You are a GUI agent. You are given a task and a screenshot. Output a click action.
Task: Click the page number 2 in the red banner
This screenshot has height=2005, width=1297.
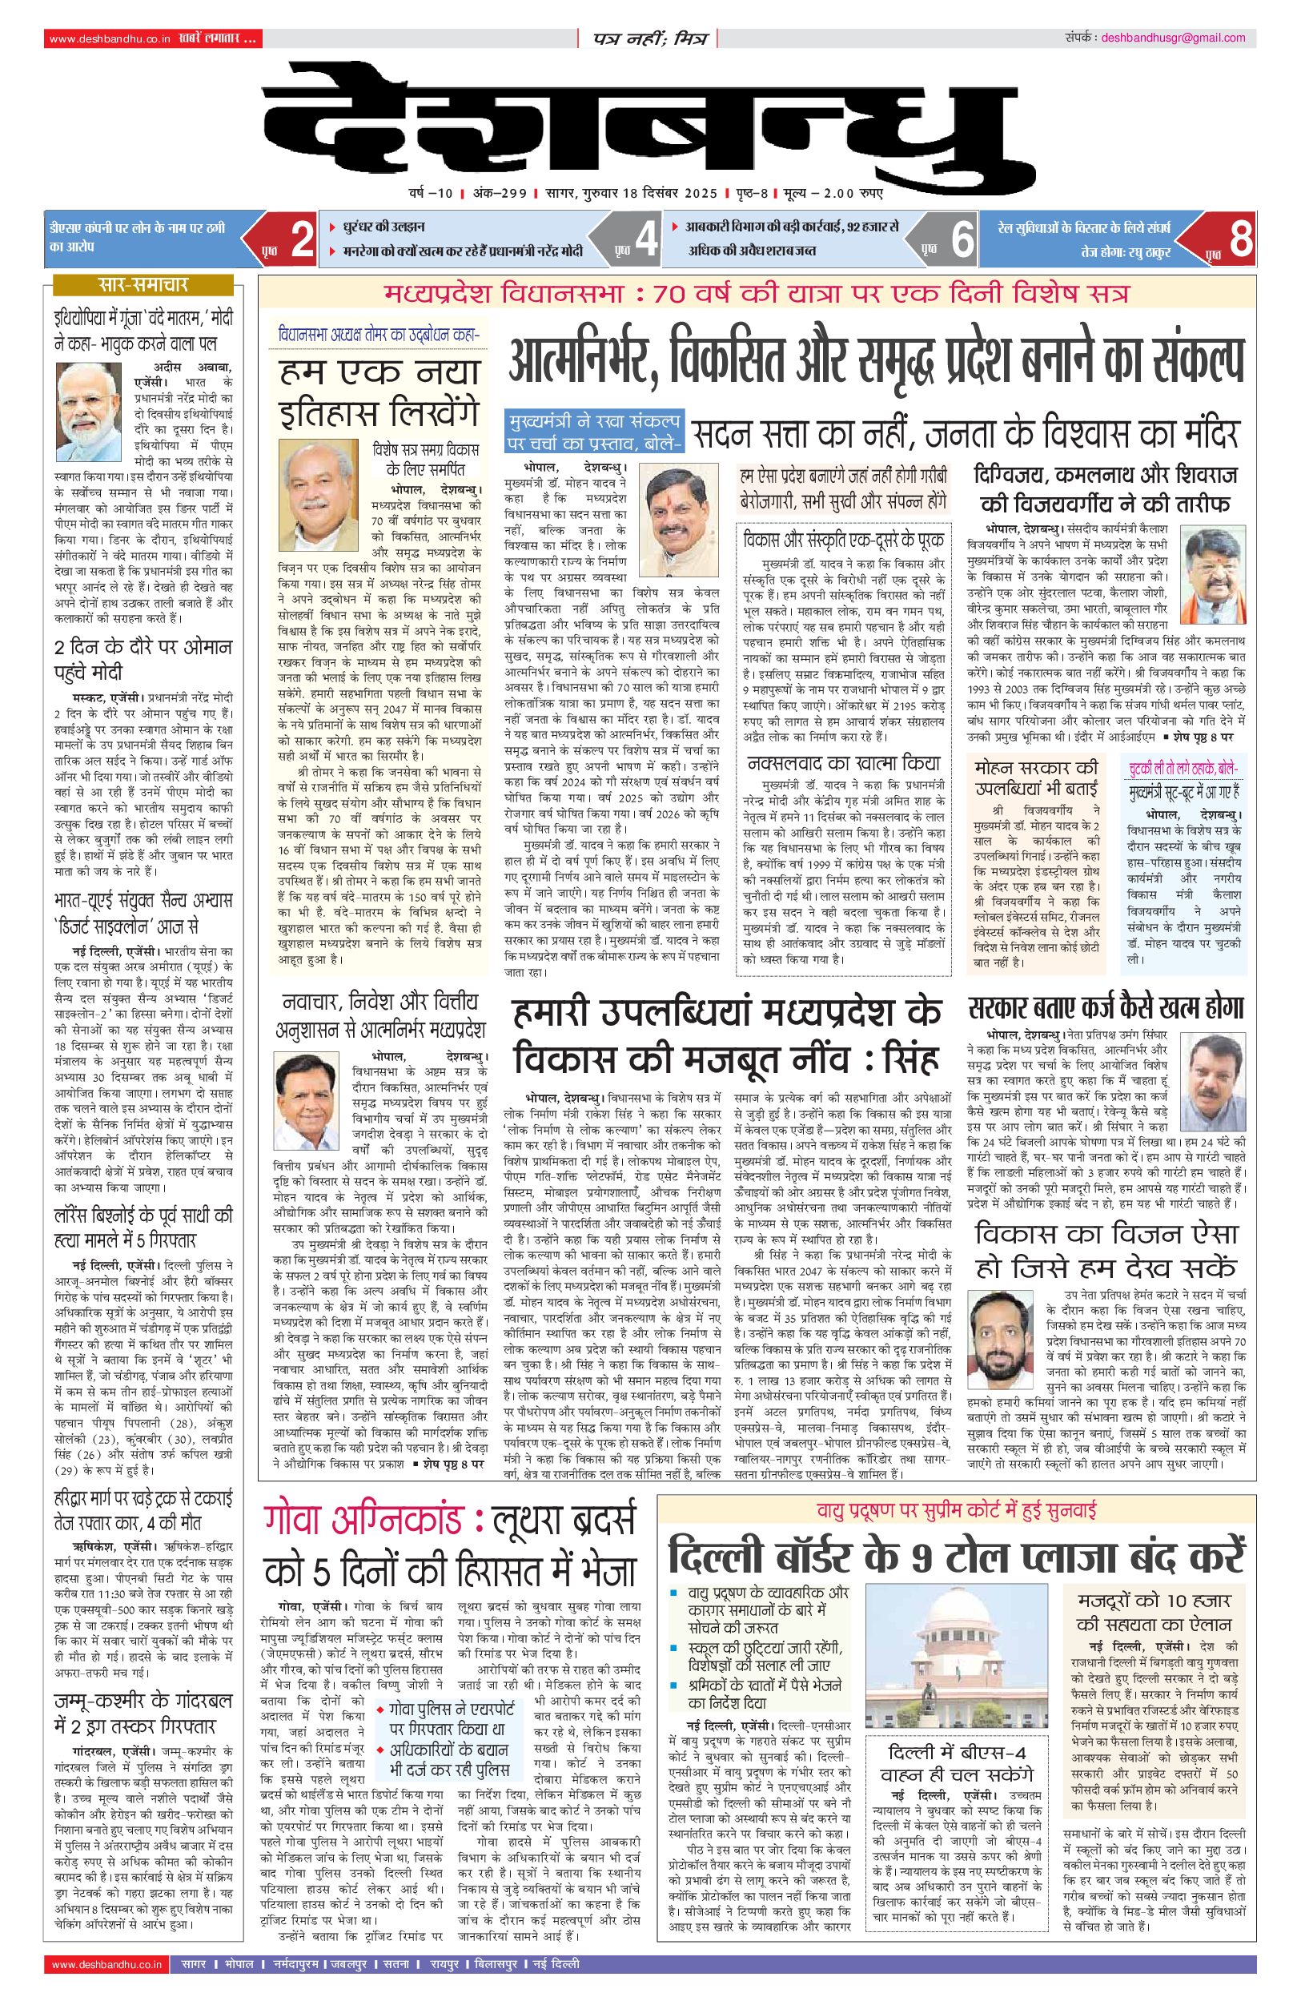302,239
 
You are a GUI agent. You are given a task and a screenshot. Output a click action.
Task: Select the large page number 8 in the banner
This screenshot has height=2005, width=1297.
1239,239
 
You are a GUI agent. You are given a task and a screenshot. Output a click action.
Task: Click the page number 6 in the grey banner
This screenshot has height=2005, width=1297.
962,239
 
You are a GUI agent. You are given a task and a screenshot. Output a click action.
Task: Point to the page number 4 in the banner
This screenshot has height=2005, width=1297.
646,239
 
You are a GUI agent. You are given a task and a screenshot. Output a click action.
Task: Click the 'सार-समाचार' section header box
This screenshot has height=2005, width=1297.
143,284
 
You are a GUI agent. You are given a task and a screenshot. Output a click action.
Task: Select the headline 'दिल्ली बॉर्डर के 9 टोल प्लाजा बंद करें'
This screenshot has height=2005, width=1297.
956,1554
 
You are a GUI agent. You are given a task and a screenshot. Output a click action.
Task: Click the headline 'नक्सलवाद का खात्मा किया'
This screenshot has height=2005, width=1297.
843,764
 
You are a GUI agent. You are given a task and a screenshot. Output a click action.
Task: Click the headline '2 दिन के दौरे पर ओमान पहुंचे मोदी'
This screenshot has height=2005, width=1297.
143,659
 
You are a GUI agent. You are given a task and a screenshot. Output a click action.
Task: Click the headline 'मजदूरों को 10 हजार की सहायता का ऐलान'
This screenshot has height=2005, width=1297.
1154,1612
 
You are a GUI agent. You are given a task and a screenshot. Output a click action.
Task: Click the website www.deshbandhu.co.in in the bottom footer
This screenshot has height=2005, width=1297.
107,1965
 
